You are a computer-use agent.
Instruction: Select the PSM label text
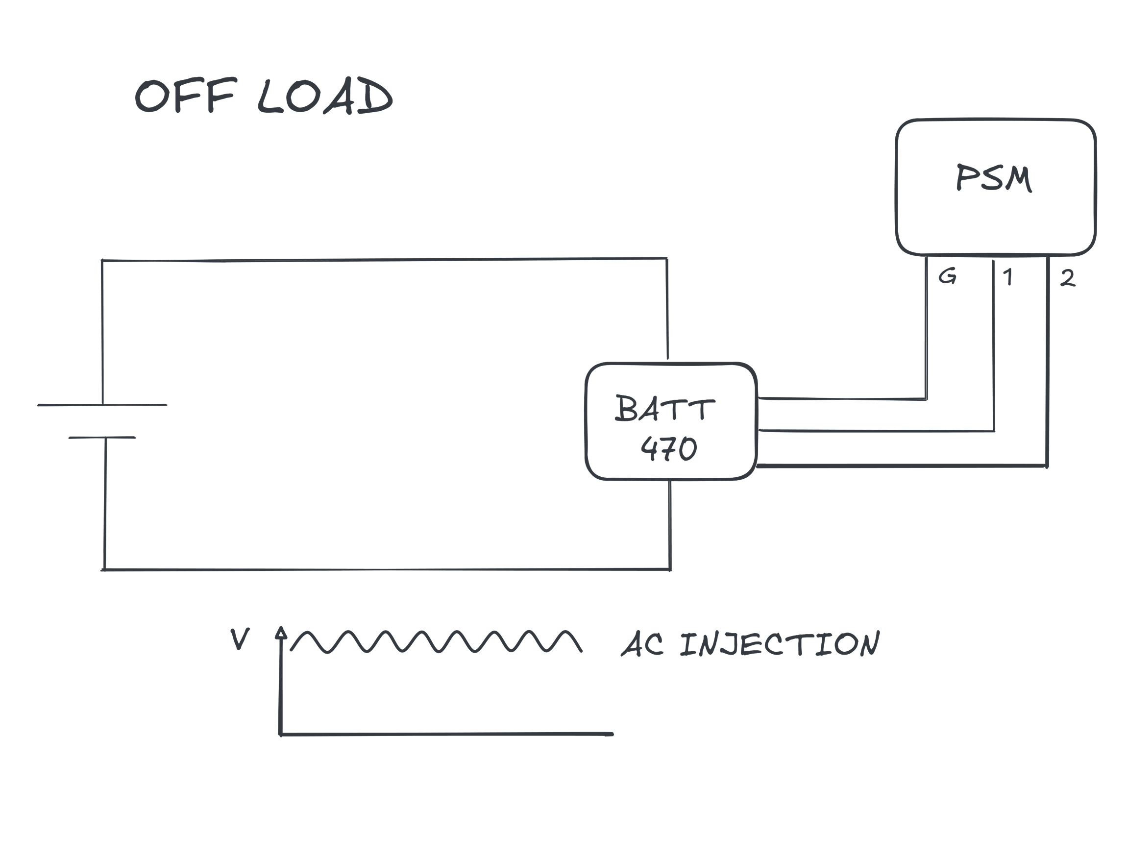tap(994, 178)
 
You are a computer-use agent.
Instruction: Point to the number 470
tap(668, 448)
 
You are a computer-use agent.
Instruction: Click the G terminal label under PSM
tap(948, 277)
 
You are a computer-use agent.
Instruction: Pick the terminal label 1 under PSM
tap(1007, 277)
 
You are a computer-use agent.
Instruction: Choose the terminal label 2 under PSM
tap(1068, 278)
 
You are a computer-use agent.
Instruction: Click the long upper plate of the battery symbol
tap(102, 404)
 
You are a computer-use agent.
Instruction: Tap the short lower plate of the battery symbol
tap(102, 438)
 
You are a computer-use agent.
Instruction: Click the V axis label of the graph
tap(240, 639)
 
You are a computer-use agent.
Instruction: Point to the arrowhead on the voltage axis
tap(281, 633)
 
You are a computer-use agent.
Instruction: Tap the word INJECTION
tap(780, 644)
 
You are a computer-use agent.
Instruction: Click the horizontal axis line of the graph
tap(447, 735)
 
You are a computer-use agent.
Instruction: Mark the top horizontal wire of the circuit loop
tap(383, 259)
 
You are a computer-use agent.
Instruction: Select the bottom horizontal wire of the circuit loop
tap(383, 569)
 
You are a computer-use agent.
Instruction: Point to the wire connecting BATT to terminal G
tap(842, 398)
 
